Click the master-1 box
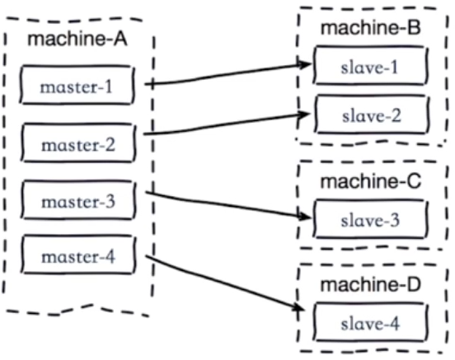[77, 84]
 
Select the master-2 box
[78, 143]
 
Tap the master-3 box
[78, 199]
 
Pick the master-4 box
[78, 255]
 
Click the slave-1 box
[371, 65]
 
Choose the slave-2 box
[373, 115]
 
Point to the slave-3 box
[371, 219]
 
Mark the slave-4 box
[371, 322]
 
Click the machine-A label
[77, 39]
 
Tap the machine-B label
[371, 28]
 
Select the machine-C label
[371, 181]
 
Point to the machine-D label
[371, 284]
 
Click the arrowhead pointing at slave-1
[305, 64]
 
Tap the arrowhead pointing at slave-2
[304, 115]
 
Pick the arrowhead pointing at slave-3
[305, 216]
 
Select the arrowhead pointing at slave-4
[298, 308]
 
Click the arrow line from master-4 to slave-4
[223, 283]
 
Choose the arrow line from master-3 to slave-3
[227, 204]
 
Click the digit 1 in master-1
[108, 86]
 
